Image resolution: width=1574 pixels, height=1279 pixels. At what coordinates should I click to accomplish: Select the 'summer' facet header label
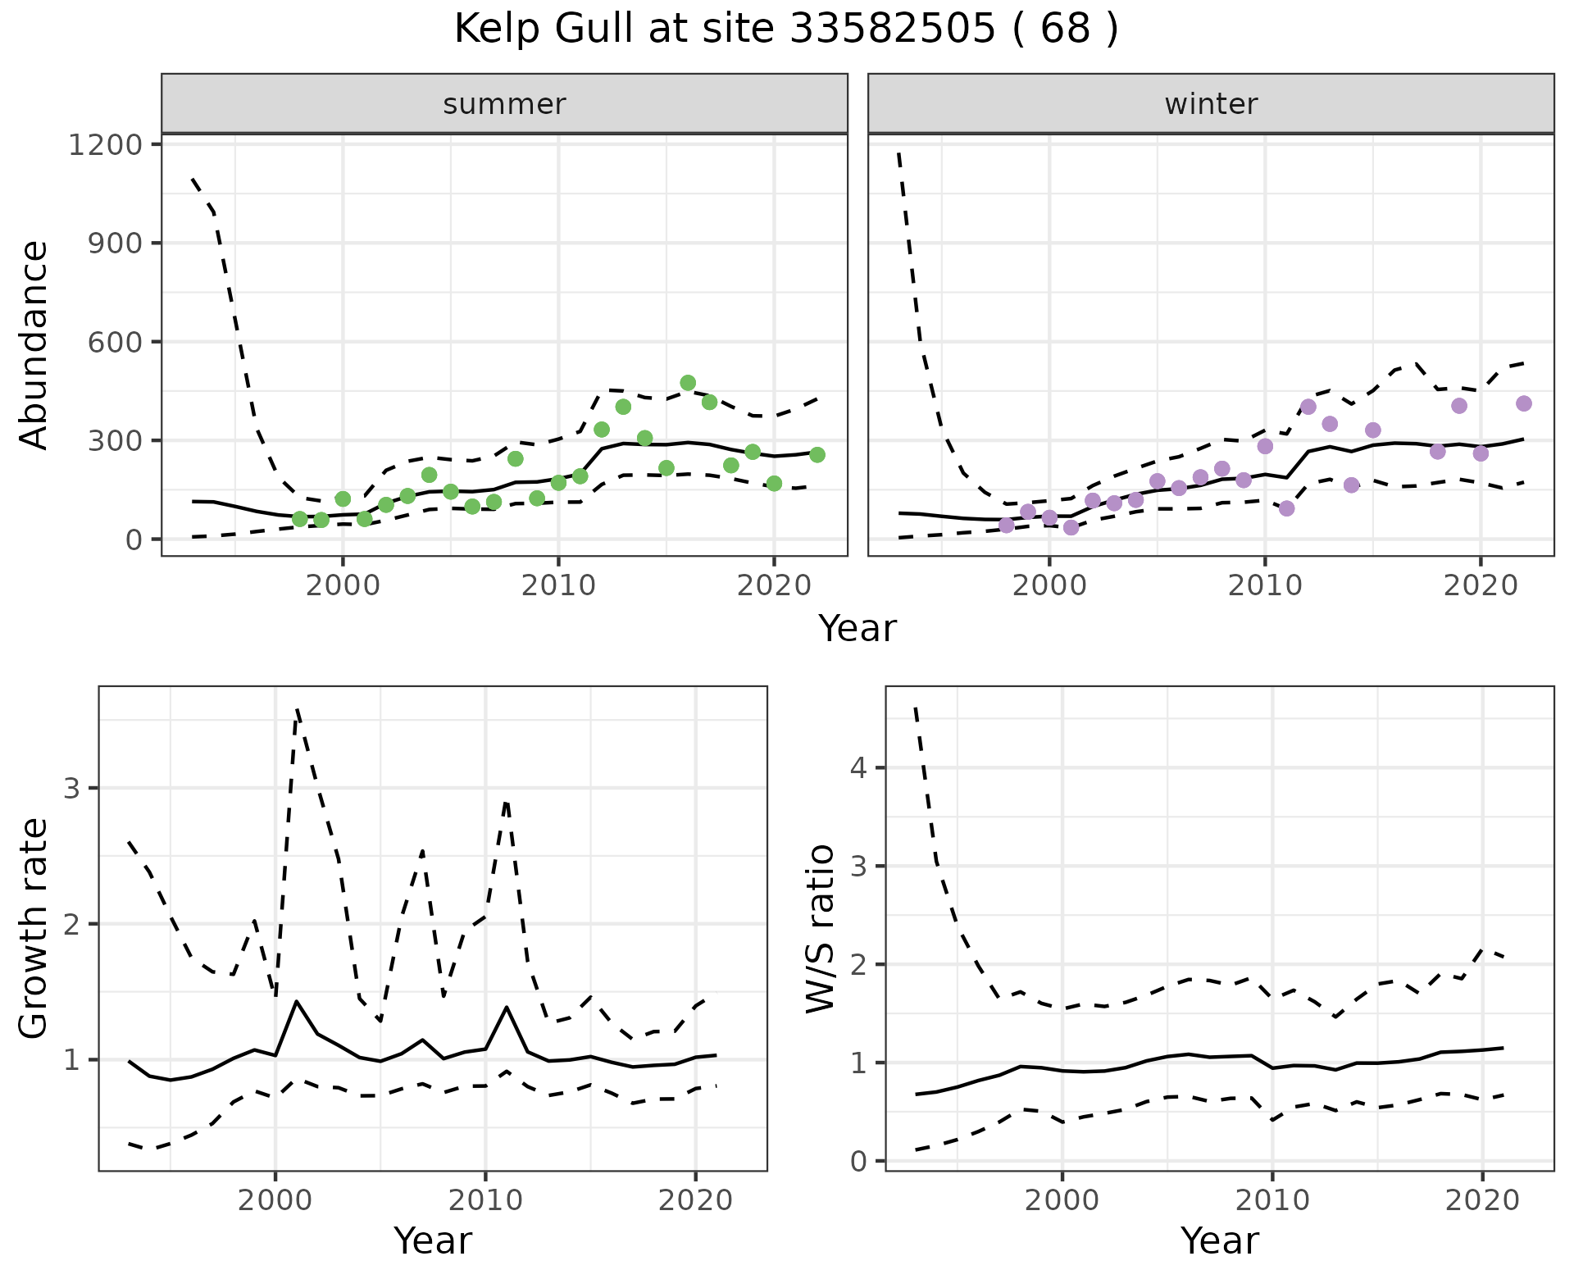point(504,104)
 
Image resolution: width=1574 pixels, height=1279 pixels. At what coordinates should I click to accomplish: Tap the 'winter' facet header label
point(1211,104)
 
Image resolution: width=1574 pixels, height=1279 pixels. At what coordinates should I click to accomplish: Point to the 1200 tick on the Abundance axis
point(106,145)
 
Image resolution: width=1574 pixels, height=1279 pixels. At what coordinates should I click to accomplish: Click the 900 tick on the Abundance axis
point(116,244)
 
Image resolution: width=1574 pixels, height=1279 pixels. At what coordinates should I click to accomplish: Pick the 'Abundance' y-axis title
point(34,344)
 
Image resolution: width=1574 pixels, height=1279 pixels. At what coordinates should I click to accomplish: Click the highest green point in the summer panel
point(688,383)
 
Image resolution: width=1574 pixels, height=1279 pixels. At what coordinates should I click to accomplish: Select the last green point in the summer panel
point(817,455)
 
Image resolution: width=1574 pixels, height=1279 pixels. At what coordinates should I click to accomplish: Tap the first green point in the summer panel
point(300,519)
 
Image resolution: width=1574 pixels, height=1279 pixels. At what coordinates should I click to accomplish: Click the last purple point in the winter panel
point(1524,403)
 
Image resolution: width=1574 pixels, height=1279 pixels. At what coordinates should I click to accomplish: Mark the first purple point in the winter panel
point(1007,526)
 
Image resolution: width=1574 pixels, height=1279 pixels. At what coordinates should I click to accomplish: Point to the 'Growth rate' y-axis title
point(34,928)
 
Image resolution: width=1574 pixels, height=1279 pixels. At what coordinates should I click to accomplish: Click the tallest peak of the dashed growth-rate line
point(297,710)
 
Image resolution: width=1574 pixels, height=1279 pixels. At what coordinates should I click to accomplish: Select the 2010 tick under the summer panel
point(558,587)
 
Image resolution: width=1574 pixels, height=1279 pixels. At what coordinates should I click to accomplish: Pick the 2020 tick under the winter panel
point(1481,587)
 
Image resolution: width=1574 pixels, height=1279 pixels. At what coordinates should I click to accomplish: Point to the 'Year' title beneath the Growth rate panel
point(433,1241)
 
